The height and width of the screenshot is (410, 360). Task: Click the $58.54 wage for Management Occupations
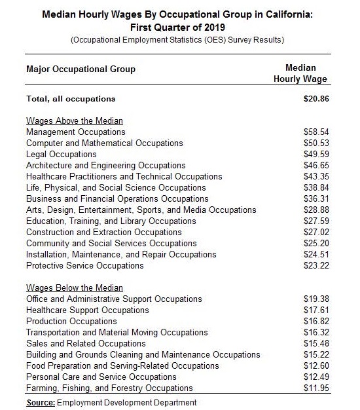pyautogui.click(x=315, y=132)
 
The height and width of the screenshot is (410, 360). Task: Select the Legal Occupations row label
pyautogui.click(x=61, y=155)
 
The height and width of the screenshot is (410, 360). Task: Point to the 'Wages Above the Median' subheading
pyautogui.click(x=75, y=121)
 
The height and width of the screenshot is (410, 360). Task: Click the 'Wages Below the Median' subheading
pyautogui.click(x=75, y=288)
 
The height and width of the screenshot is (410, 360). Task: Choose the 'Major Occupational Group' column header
pyautogui.click(x=81, y=69)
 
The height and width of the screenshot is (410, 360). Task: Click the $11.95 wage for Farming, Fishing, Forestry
pyautogui.click(x=315, y=388)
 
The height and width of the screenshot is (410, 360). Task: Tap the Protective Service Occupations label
pyautogui.click(x=84, y=266)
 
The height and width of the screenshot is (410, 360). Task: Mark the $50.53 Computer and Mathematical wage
pyautogui.click(x=315, y=143)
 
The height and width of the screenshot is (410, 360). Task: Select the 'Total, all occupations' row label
pyautogui.click(x=71, y=99)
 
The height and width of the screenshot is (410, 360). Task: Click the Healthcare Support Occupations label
pyautogui.click(x=87, y=310)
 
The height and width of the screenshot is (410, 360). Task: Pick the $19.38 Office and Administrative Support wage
pyautogui.click(x=315, y=299)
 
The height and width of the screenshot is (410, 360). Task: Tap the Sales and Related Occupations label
pyautogui.click(x=86, y=344)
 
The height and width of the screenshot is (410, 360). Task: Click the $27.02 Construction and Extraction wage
pyautogui.click(x=315, y=233)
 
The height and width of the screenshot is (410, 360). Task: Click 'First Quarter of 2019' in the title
pyautogui.click(x=179, y=27)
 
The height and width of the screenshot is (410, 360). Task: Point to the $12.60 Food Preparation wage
pyautogui.click(x=315, y=366)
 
